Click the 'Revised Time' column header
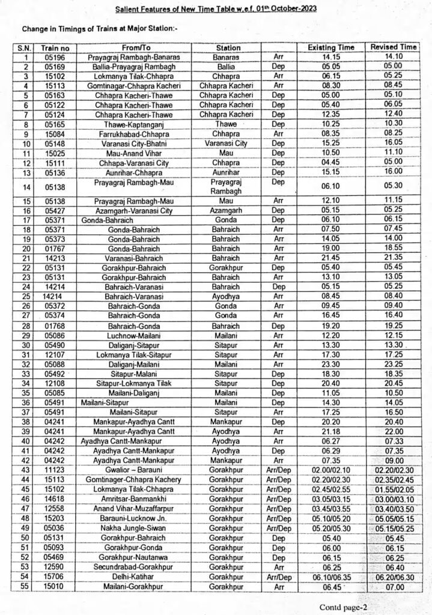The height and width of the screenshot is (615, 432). tap(394, 47)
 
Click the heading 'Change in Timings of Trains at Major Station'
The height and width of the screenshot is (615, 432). tap(100, 28)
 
